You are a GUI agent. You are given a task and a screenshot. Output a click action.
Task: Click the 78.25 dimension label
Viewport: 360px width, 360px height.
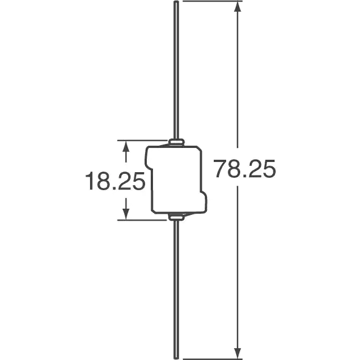(244, 169)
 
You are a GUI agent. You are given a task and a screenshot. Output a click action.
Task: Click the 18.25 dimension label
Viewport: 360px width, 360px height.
(115, 181)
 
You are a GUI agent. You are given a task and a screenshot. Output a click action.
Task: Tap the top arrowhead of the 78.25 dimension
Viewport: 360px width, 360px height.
(237, 6)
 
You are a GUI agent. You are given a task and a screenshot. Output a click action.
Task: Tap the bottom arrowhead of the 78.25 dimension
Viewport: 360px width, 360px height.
(237, 353)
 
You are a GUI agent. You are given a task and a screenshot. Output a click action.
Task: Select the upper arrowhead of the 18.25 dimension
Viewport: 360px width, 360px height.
(125, 146)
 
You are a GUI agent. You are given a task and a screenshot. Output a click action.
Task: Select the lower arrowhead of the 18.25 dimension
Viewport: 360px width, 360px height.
(125, 214)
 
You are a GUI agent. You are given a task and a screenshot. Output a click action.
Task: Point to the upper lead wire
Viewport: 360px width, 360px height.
(176, 70)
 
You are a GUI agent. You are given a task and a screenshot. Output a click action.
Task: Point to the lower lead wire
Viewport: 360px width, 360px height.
(176, 290)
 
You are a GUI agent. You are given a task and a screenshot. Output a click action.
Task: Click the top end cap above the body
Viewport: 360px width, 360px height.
(176, 142)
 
